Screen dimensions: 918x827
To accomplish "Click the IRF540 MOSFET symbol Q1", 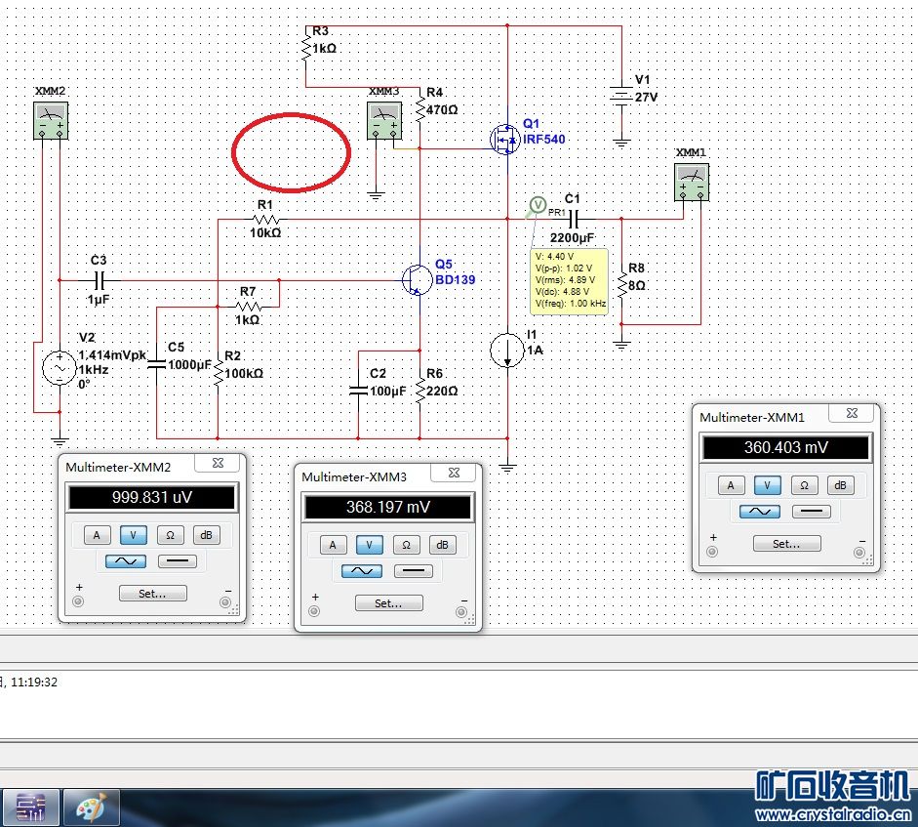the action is [504, 140].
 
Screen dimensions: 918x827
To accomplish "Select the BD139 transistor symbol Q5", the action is [417, 279].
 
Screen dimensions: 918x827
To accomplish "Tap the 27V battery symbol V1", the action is [621, 96].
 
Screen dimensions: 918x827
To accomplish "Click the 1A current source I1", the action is [507, 350].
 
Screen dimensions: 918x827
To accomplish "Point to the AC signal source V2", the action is [60, 368].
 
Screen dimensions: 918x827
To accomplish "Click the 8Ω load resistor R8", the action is [621, 284].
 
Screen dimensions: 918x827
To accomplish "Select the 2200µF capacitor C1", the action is [574, 220].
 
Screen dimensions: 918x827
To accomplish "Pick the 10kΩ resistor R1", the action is [265, 220].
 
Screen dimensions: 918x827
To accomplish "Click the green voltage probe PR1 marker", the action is [538, 205].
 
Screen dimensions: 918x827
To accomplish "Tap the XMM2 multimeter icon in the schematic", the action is [51, 120].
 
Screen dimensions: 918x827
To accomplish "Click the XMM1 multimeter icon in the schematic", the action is [692, 183].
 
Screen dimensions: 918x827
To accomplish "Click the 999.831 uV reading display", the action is [152, 498].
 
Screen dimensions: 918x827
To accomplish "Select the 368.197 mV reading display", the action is [388, 507].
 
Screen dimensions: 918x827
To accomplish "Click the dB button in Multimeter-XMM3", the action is [442, 545].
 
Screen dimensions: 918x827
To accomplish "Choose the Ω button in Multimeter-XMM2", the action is [170, 534].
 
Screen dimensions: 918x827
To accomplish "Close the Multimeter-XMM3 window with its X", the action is [454, 473].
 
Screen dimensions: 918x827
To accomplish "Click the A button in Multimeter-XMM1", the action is [731, 484].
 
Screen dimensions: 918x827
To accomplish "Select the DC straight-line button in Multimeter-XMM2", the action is [178, 560].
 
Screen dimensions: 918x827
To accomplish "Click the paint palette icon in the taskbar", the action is [92, 808].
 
